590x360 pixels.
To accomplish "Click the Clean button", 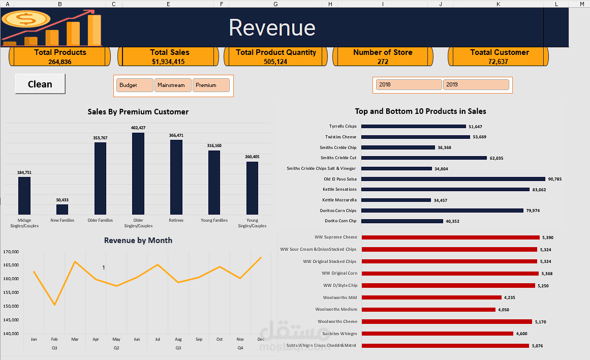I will click(40, 84).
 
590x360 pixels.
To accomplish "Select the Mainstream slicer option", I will click(173, 85).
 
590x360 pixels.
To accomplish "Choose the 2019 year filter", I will click(476, 84).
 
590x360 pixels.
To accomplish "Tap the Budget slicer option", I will click(135, 85).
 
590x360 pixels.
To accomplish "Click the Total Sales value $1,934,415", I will click(168, 62).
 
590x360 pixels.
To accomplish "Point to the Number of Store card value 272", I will click(383, 62).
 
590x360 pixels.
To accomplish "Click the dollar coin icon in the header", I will click(25, 19).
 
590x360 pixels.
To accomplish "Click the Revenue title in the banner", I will click(272, 27).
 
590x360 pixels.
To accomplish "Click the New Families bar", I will click(62, 209).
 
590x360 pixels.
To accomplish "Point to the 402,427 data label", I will click(138, 128).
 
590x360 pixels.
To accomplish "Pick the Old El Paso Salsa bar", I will click(453, 179).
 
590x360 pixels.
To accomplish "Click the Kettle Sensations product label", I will click(339, 189).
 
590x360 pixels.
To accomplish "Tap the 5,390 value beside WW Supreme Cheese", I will click(547, 237).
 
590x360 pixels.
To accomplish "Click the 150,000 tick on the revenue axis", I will click(11, 306).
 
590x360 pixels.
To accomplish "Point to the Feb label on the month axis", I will click(54, 339).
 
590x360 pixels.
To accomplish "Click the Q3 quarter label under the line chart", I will click(178, 348).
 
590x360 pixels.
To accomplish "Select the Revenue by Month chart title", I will click(138, 241).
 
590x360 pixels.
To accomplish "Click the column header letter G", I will click(275, 4).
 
